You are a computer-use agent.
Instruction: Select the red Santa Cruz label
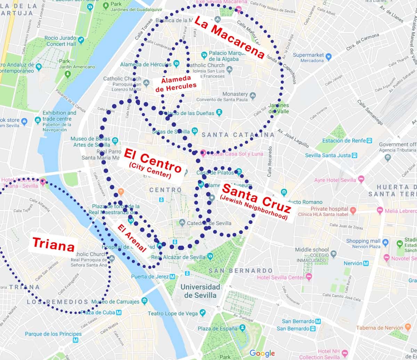click(x=256, y=199)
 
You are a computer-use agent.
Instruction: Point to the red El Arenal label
click(x=132, y=238)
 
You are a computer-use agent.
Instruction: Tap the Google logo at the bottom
click(x=262, y=353)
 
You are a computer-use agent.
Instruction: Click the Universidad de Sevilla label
click(x=200, y=291)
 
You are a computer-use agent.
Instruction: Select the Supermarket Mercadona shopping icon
click(x=328, y=56)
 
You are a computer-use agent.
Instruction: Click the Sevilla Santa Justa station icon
click(x=354, y=155)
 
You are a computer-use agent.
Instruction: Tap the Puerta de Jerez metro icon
click(x=173, y=277)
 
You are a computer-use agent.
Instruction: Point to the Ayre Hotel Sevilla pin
click(x=361, y=179)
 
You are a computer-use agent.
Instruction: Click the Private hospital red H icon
click(x=353, y=210)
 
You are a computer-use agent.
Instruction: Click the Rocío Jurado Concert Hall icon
click(x=81, y=41)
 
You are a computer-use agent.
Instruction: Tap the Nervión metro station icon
click(x=366, y=263)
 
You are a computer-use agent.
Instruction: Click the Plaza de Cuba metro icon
click(x=119, y=312)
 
